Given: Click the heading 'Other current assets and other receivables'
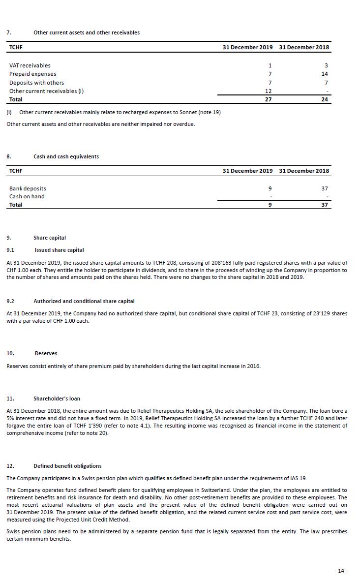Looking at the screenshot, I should coord(87,32).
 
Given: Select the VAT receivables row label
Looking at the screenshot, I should coord(30,65).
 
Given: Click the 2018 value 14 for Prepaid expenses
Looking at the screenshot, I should coord(325,74).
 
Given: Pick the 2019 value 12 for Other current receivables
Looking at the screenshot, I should coord(269,91).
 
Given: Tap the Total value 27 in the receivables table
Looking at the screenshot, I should coord(269,99).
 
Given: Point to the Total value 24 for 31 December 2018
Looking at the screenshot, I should coord(325,99).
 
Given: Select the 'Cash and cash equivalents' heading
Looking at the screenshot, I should coord(66,156).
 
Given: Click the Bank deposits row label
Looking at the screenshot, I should coord(28,188).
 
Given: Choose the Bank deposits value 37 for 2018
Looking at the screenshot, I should coord(325,188).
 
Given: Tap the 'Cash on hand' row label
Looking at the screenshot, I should coord(27,196).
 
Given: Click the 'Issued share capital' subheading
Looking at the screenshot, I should coord(59,250).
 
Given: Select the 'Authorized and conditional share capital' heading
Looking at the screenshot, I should coord(84,301).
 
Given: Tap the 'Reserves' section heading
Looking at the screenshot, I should coord(46,353).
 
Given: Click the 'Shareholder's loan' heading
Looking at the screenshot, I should coord(57,399).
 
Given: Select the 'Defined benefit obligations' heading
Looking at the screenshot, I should coord(67,466).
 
